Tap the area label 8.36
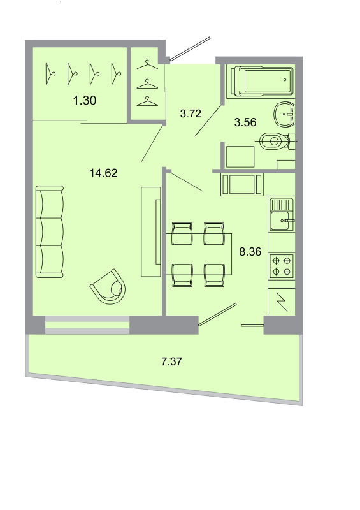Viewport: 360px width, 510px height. pyautogui.click(x=250, y=251)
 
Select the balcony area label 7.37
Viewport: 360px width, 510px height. pyautogui.click(x=172, y=361)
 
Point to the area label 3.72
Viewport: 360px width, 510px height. pyautogui.click(x=191, y=114)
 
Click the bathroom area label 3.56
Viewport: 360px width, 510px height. pyautogui.click(x=245, y=123)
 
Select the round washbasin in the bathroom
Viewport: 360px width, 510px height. pyautogui.click(x=284, y=115)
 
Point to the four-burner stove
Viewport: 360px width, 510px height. pyautogui.click(x=282, y=265)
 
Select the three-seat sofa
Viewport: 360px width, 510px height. pyautogui.click(x=50, y=232)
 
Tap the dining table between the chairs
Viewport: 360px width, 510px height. pyautogui.click(x=198, y=254)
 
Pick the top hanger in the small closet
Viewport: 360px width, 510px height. pyautogui.click(x=148, y=66)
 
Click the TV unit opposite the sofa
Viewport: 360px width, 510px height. pyautogui.click(x=150, y=231)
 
